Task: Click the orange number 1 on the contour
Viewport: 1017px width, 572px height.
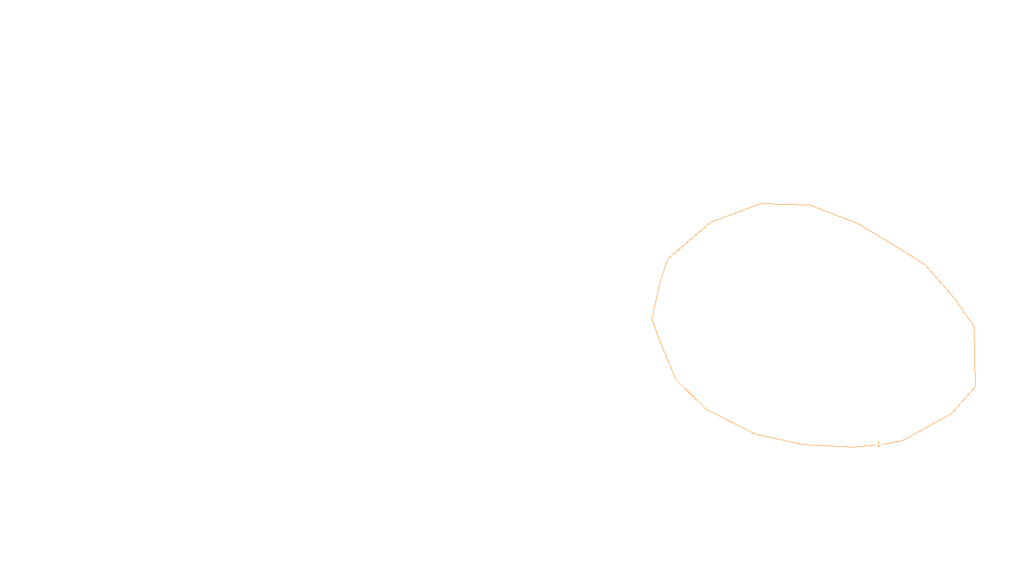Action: point(878,444)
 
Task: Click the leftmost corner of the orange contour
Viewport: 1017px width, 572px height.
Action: point(652,318)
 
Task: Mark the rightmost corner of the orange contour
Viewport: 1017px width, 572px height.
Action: point(975,386)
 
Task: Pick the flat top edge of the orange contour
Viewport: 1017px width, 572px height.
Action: point(785,205)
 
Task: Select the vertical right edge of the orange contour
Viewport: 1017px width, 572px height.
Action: point(974,356)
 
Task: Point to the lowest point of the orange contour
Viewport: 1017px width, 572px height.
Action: point(852,447)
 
